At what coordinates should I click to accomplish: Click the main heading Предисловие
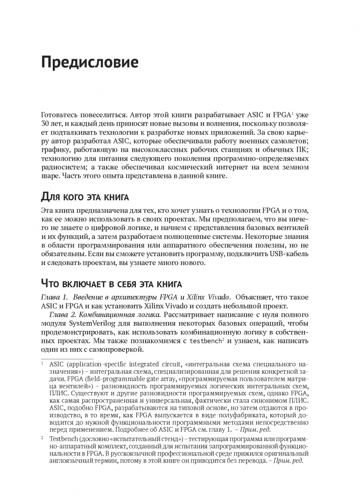[x=89, y=62]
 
